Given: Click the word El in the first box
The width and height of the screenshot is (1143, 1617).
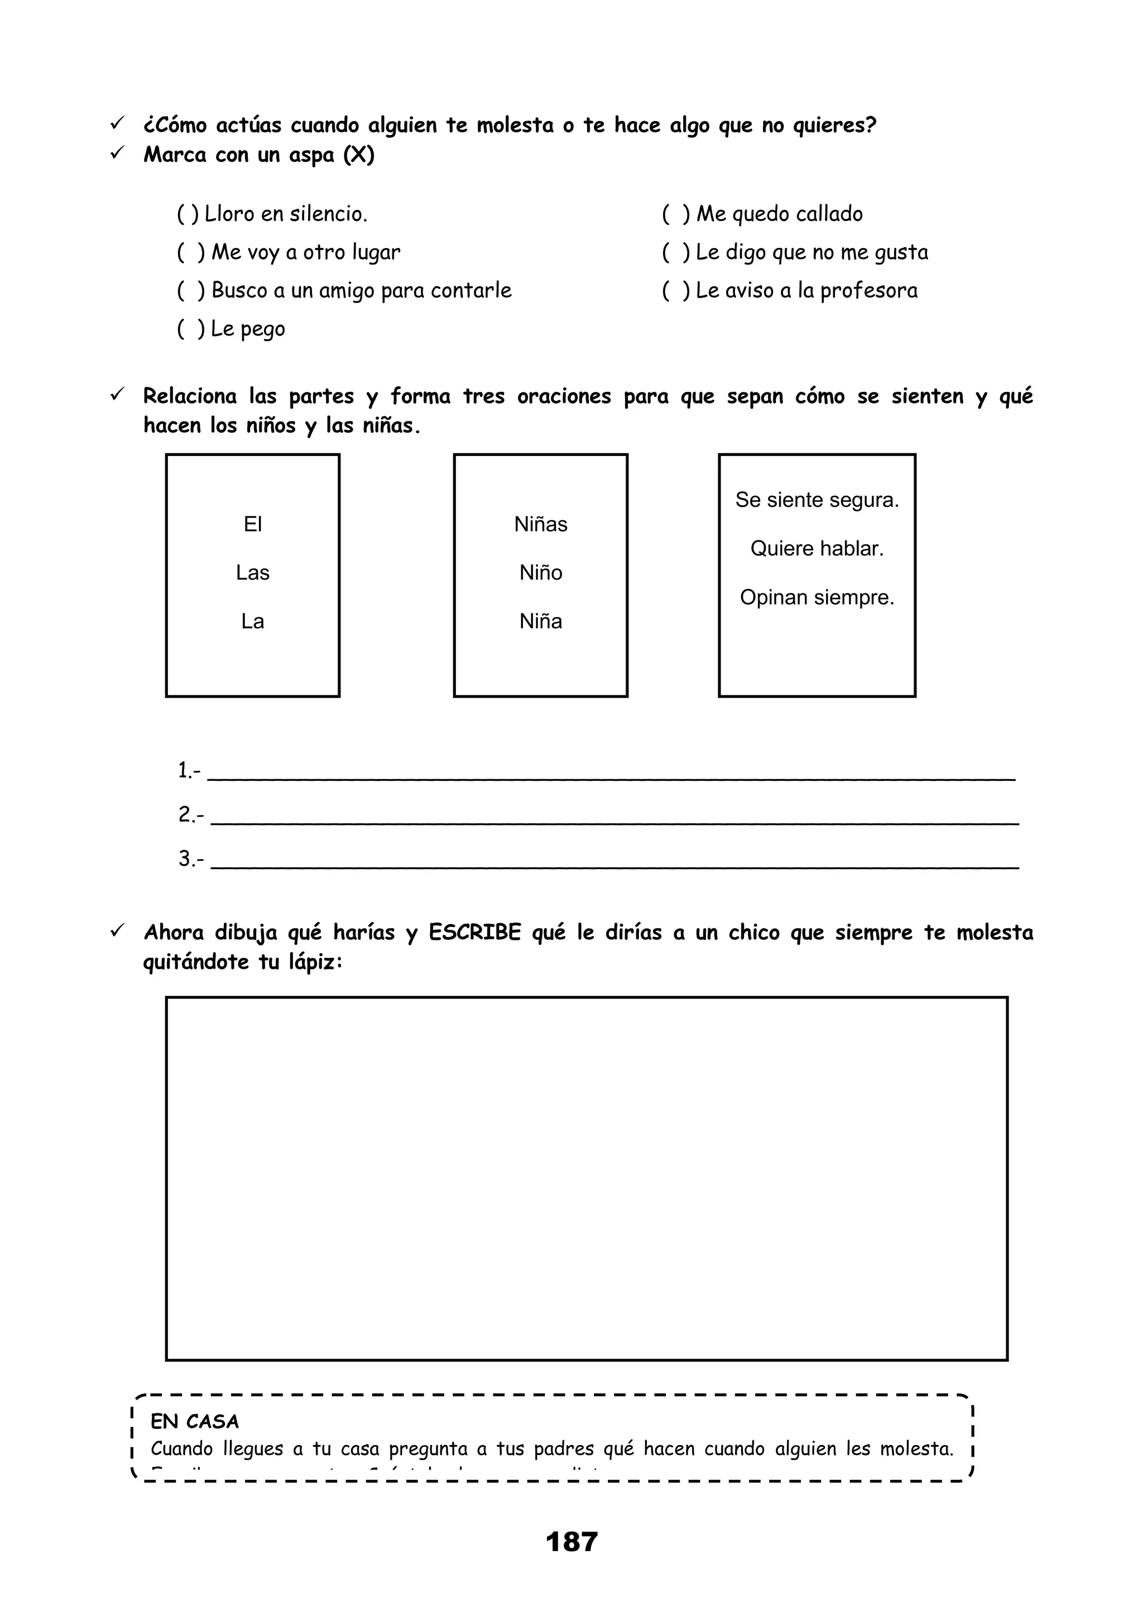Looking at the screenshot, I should tap(252, 524).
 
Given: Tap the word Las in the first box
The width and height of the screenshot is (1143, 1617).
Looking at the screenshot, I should tap(252, 573).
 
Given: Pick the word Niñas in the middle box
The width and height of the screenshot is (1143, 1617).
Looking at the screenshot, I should tap(540, 524).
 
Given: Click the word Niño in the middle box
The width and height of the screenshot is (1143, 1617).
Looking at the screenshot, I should tap(540, 573).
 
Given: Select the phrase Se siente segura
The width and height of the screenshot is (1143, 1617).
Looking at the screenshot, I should tap(817, 500).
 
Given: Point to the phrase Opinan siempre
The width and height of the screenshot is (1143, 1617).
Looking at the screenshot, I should tap(817, 597).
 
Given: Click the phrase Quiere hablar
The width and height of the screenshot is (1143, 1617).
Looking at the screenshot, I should tap(817, 549).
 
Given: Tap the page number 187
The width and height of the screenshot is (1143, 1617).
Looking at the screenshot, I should tap(571, 1542).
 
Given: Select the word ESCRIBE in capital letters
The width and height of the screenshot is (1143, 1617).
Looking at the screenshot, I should tap(474, 933).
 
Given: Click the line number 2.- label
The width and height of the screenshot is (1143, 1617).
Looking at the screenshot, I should tap(190, 815).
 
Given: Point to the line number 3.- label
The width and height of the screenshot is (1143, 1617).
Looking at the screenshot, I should tap(190, 858).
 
